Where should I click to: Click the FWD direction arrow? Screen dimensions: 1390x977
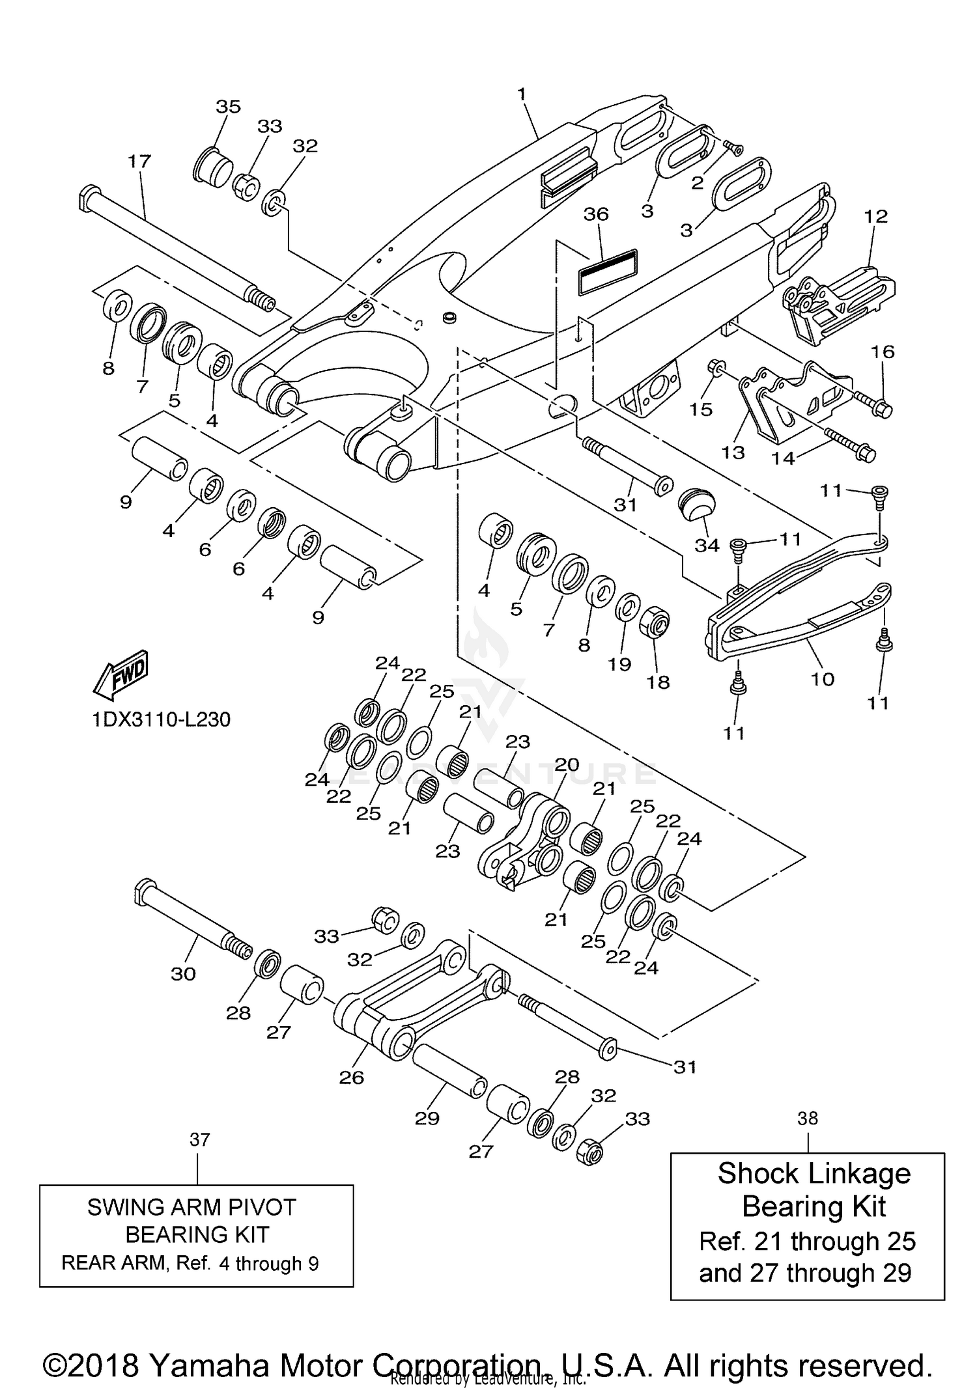[x=122, y=672]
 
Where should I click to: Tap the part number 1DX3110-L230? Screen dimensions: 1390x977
[x=161, y=719]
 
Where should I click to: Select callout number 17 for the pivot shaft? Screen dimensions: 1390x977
[x=139, y=161]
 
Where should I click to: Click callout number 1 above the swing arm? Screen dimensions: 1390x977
[x=521, y=94]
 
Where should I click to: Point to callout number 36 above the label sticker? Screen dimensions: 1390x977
[x=596, y=214]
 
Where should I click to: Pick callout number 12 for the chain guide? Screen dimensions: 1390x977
[x=876, y=216]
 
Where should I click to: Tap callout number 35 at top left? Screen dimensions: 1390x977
[x=228, y=107]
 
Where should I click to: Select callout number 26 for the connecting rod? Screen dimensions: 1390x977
[x=351, y=1077]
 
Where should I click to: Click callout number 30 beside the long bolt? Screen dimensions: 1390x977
[x=183, y=974]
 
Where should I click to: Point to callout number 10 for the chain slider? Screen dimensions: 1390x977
[x=823, y=679]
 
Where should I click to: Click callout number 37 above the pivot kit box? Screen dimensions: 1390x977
[x=200, y=1139]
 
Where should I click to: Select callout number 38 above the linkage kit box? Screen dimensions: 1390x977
[x=808, y=1118]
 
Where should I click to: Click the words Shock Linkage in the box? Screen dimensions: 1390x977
[x=814, y=1174]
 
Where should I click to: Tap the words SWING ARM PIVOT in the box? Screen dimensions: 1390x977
[x=191, y=1207]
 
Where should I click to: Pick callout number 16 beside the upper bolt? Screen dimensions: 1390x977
[x=883, y=352]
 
